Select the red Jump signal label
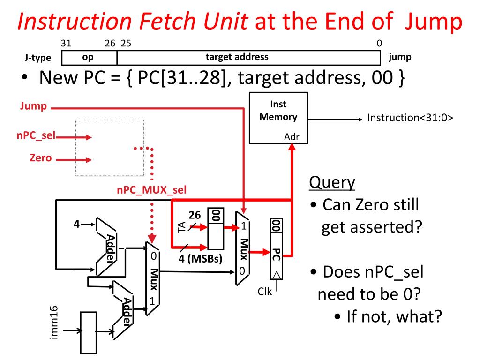[33, 106]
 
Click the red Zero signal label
[40, 158]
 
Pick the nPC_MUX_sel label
[151, 190]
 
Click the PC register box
[277, 248]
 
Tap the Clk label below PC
[265, 291]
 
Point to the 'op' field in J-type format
[88, 57]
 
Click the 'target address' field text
[237, 57]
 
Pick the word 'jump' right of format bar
[400, 57]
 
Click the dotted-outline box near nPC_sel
[110, 148]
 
